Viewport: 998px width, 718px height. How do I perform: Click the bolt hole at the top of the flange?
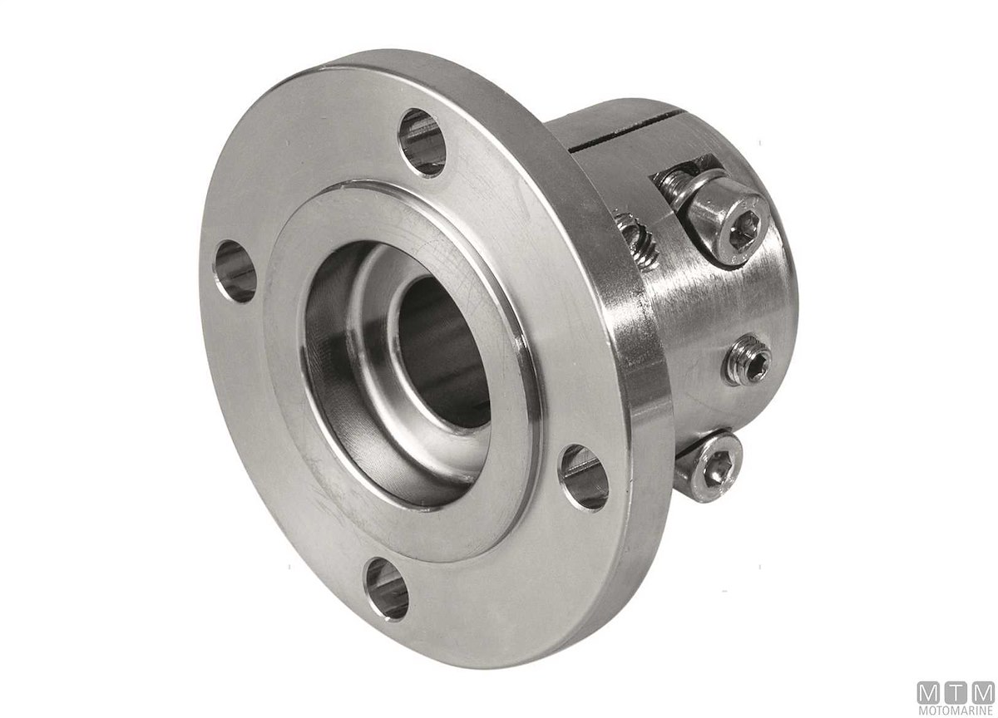pyautogui.click(x=422, y=142)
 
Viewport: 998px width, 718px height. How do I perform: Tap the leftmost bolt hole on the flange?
pyautogui.click(x=235, y=272)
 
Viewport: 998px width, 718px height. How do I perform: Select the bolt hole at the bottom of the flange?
pyautogui.click(x=386, y=589)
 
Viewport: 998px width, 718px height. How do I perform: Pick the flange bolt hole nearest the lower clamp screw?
pyautogui.click(x=584, y=479)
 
